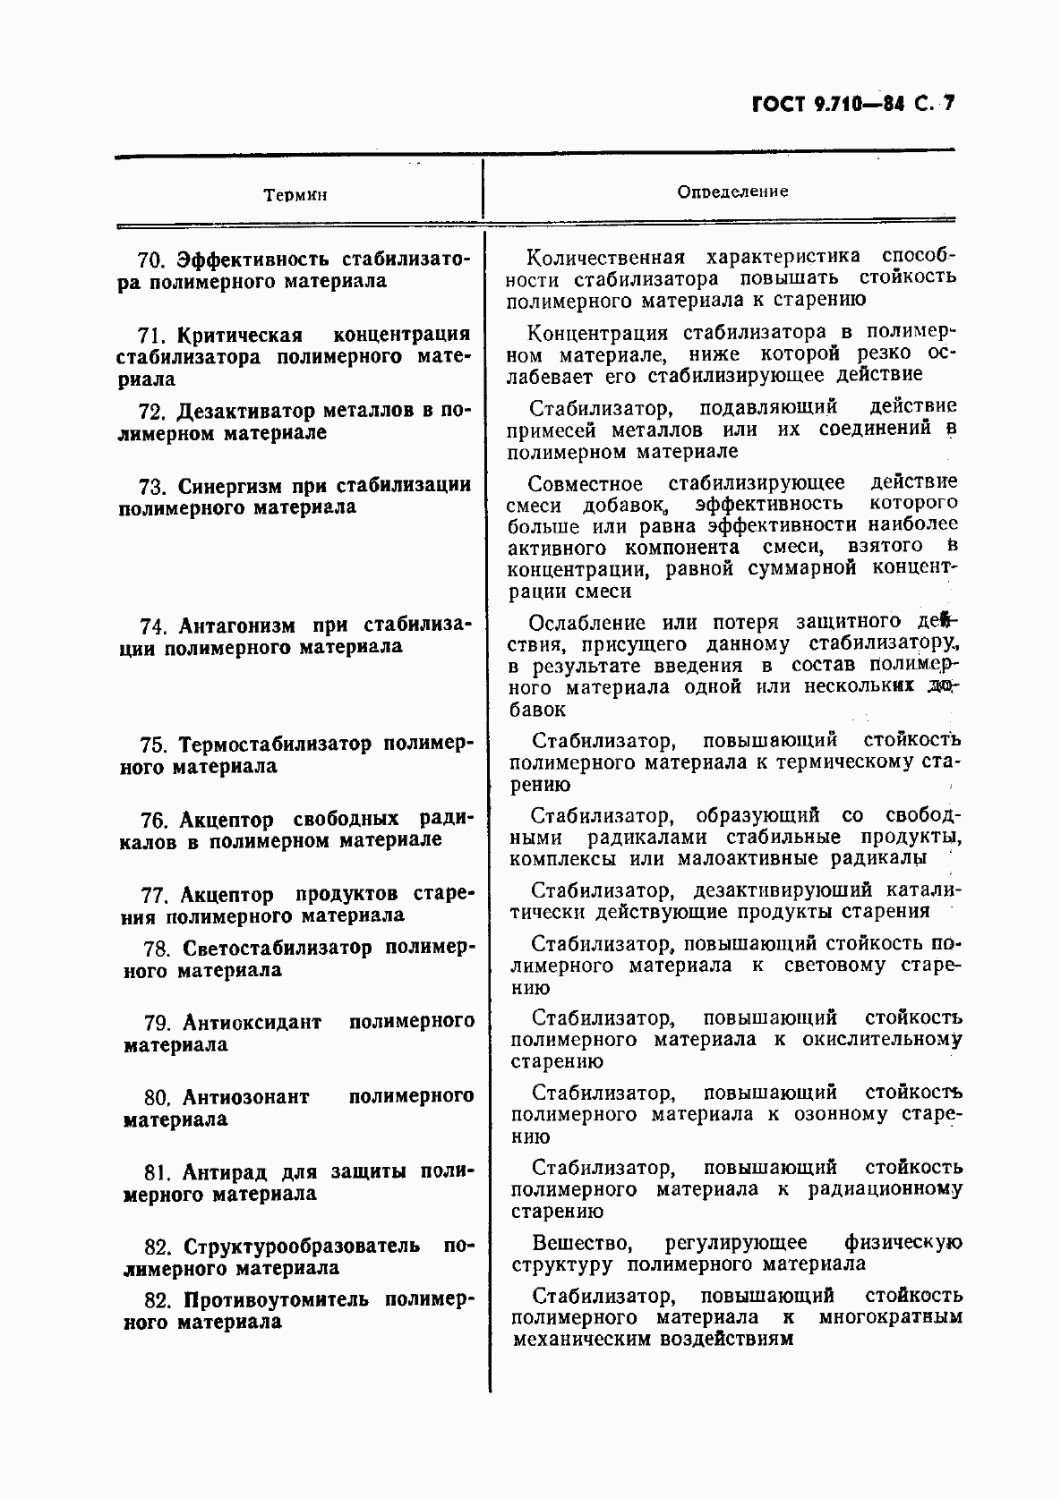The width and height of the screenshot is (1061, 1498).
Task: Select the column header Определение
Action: pos(732,192)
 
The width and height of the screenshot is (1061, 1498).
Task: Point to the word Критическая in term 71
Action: pos(239,335)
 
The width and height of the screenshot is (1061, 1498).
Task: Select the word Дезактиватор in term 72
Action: pos(246,412)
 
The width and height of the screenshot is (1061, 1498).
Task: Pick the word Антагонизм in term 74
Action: pos(236,625)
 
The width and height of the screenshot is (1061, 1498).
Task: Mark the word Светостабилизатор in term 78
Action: pos(277,948)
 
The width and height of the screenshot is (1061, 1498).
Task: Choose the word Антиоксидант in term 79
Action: pos(252,1022)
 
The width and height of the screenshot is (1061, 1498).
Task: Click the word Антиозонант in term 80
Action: pos(245,1097)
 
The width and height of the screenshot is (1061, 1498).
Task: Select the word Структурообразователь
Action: pos(301,1247)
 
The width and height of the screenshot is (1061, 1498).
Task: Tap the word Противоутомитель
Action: pos(276,1299)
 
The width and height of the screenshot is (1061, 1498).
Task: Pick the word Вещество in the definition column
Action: pos(583,1243)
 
